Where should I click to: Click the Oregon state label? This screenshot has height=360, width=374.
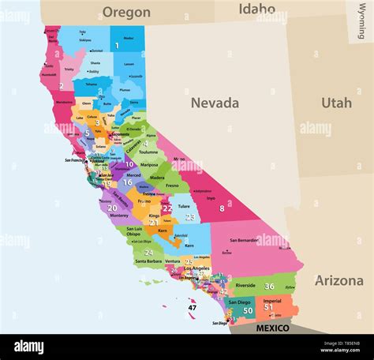click(126, 12)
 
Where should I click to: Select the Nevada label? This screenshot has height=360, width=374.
click(215, 103)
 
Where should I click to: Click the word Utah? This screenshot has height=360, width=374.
click(336, 103)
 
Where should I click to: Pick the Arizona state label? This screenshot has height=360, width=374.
click(339, 280)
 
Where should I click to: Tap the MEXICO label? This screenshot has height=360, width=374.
click(272, 328)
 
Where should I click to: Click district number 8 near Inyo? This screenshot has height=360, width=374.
click(222, 208)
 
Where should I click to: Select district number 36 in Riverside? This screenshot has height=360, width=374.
click(270, 286)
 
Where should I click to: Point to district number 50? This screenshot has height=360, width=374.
click(248, 310)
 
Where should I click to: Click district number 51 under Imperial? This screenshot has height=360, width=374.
click(268, 307)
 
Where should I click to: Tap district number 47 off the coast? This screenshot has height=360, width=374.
click(193, 307)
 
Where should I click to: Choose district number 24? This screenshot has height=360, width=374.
click(148, 253)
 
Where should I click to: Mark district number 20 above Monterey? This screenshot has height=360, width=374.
click(113, 208)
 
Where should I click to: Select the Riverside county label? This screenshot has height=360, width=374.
click(245, 286)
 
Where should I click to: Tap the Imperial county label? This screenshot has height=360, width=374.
click(271, 300)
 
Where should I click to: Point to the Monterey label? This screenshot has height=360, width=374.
click(118, 216)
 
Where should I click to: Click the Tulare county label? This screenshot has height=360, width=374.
click(183, 207)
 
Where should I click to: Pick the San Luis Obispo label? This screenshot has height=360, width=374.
click(134, 232)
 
